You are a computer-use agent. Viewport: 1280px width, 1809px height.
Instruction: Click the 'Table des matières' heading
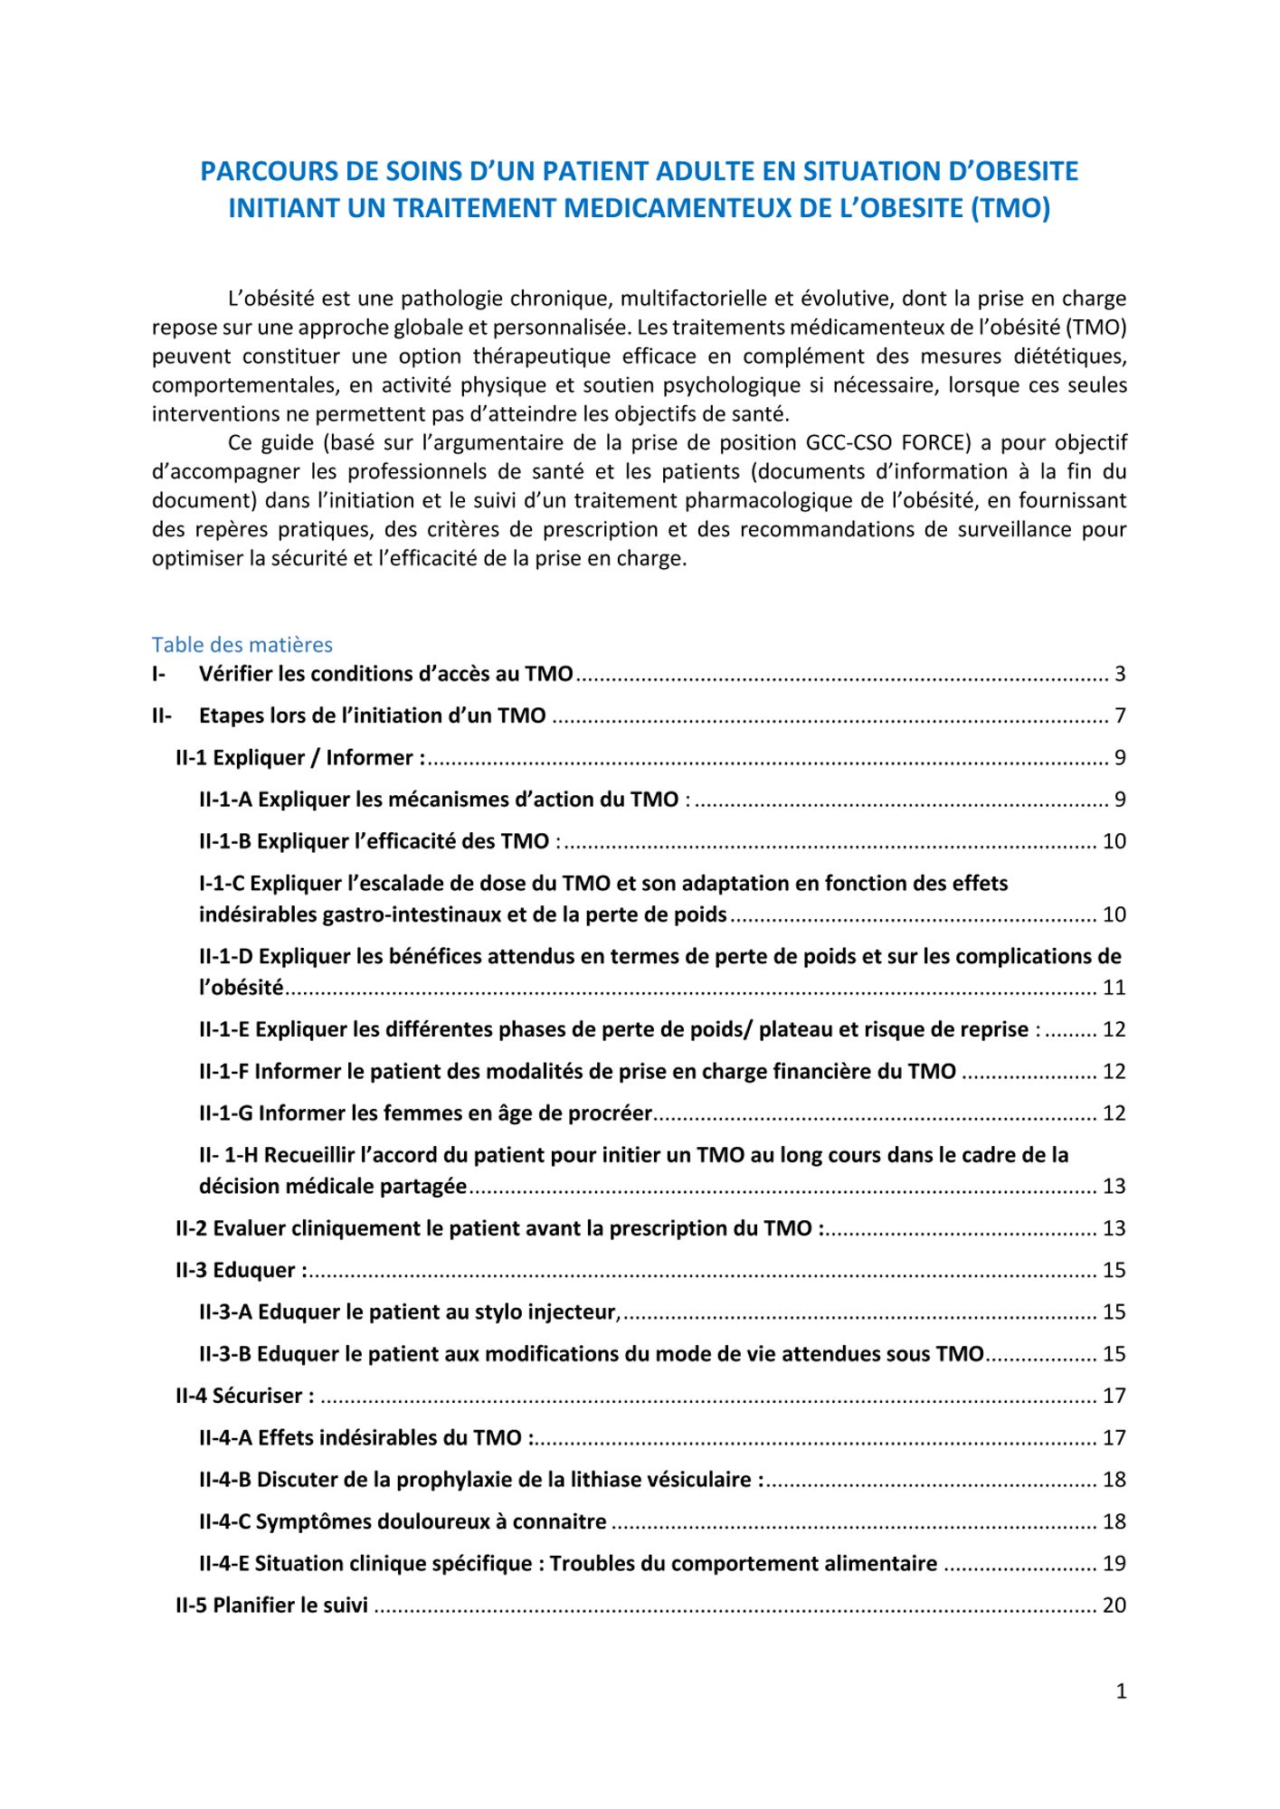(242, 645)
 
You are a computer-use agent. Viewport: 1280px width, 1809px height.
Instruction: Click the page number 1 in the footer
(1121, 1691)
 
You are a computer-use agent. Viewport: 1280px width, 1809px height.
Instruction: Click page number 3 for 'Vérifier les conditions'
(1120, 674)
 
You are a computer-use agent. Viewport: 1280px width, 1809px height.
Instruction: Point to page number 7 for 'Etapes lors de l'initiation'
(1120, 715)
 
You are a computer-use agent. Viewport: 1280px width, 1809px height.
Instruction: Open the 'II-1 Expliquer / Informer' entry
(299, 758)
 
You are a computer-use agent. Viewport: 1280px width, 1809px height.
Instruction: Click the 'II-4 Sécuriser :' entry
(245, 1396)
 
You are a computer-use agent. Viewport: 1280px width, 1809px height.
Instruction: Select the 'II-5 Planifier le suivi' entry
(271, 1605)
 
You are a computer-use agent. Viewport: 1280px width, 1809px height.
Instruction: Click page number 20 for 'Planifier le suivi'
(1114, 1605)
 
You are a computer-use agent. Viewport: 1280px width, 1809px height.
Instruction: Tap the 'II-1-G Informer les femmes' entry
(425, 1113)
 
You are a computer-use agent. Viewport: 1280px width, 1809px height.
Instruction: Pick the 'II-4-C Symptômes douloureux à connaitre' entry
(403, 1521)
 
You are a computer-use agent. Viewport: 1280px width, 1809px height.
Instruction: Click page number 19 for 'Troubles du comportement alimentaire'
(1114, 1563)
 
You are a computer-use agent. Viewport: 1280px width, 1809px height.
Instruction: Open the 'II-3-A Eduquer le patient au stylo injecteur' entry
(409, 1312)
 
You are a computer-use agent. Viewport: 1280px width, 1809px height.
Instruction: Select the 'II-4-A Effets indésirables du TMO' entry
(365, 1437)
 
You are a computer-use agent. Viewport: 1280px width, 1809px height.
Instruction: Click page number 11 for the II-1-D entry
(1114, 988)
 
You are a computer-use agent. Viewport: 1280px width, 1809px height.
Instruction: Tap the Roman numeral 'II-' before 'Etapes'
(162, 715)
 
